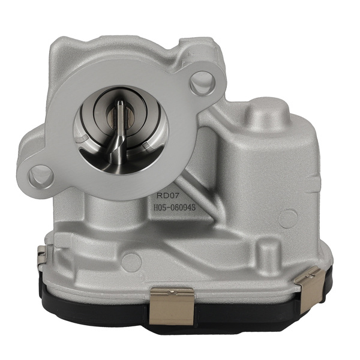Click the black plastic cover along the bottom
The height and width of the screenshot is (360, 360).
pos(240,312)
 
